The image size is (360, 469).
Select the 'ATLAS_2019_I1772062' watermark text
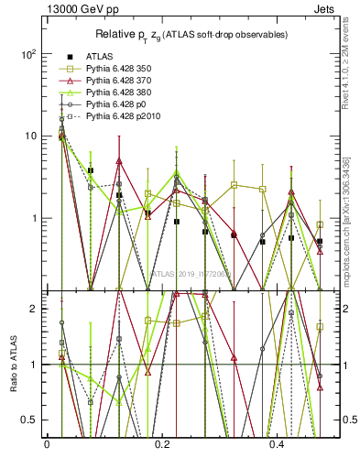[191, 273]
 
